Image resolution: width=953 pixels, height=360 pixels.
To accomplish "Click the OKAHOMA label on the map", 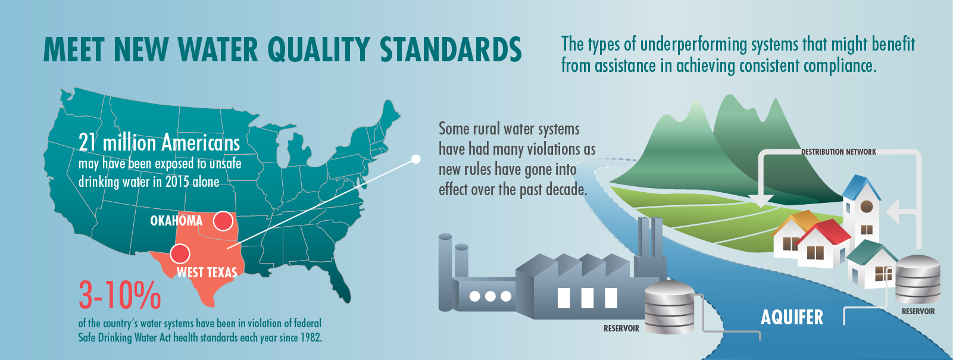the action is [176, 220].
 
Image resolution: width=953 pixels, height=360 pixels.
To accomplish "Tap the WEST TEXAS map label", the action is [207, 272].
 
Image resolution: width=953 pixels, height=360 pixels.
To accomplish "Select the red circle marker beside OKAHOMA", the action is [223, 221].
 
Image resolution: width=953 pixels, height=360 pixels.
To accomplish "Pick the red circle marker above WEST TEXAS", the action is [180, 253].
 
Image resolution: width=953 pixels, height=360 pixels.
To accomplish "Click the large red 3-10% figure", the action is [120, 295].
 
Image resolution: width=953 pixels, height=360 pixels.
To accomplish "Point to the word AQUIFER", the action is [792, 317].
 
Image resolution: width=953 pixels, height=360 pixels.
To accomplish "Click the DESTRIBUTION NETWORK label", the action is [839, 152].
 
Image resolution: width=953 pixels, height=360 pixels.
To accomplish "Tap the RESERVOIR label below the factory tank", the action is [621, 328].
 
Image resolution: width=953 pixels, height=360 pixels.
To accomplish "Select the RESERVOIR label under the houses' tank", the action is [918, 311].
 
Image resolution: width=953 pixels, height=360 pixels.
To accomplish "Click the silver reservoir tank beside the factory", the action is [669, 307].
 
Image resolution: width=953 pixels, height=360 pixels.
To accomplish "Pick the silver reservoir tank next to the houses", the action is [918, 279].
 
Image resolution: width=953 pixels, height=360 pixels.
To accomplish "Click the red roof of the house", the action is [824, 232].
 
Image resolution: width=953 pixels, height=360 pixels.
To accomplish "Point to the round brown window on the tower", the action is [867, 207].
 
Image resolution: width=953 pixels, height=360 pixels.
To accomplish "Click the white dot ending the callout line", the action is [416, 159].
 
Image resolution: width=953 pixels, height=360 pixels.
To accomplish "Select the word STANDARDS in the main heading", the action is [451, 50].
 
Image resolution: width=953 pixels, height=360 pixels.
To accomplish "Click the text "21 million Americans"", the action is [159, 143].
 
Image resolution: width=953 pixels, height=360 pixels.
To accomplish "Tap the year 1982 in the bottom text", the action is [311, 338].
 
